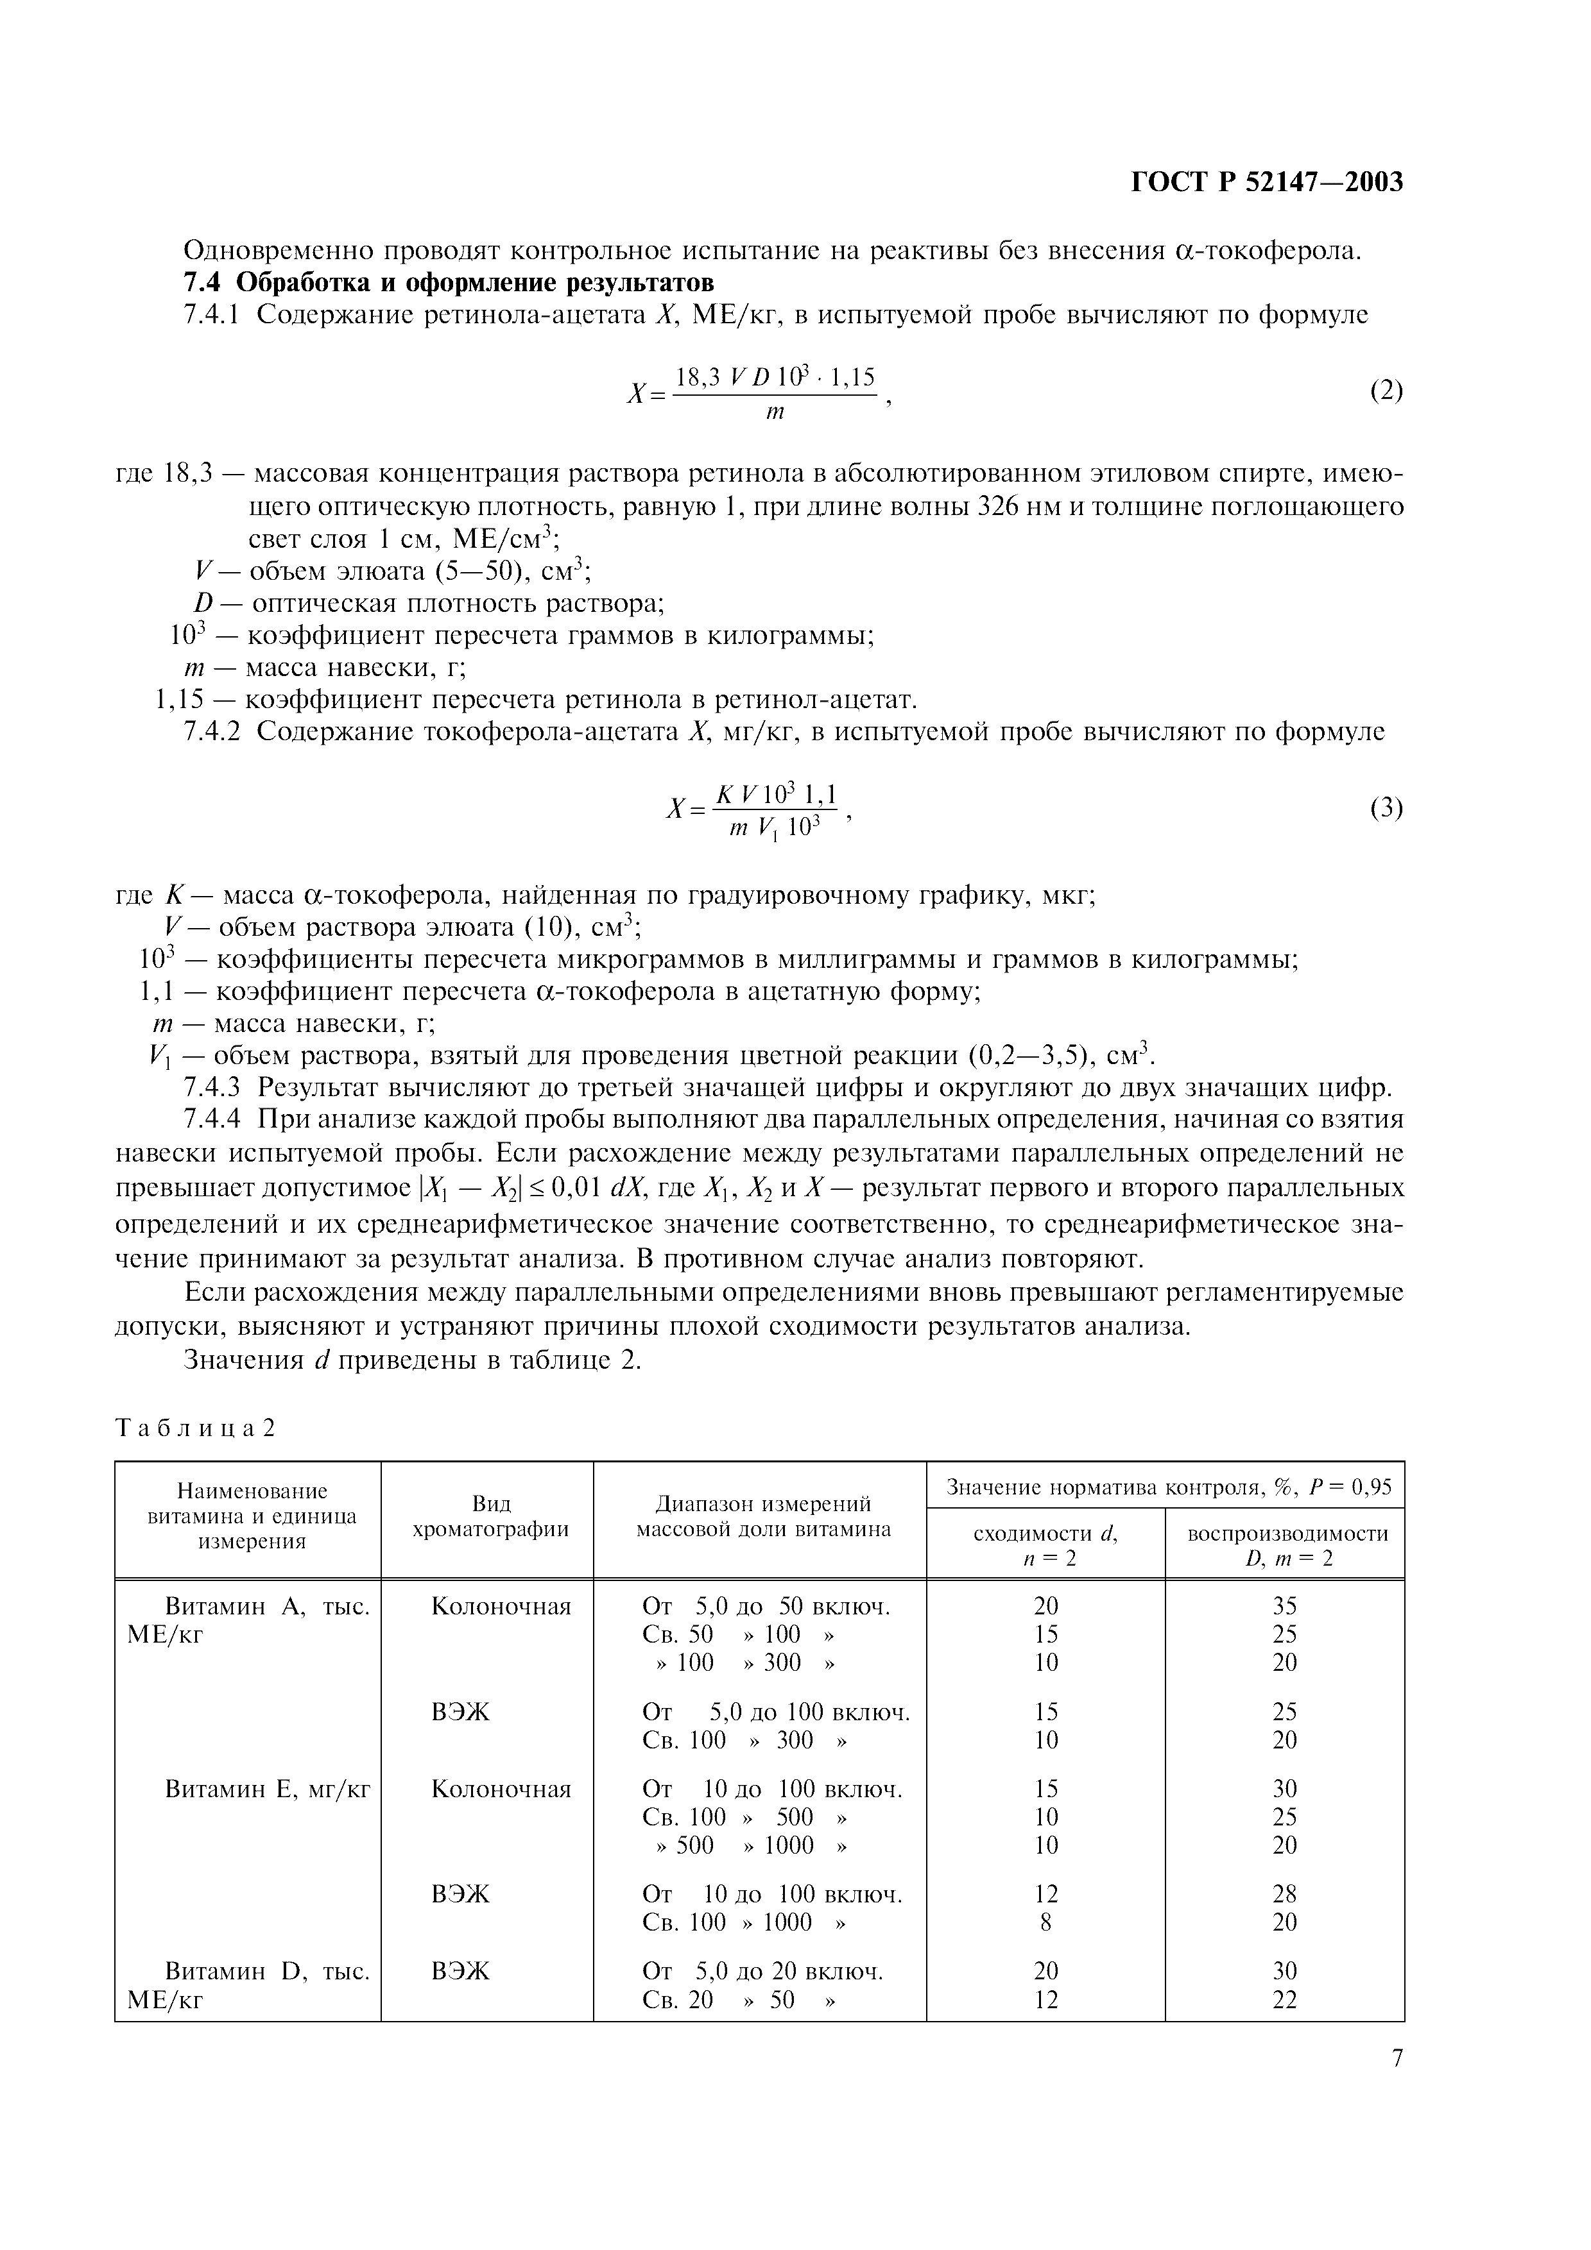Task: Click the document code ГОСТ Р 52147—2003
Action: pos(1268,182)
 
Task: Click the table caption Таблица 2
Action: pos(196,1428)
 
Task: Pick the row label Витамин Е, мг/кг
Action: pos(266,1789)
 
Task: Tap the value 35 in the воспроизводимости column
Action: pos(1284,1606)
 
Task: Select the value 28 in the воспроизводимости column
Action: pos(1284,1894)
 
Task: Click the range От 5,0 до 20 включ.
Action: pos(762,1971)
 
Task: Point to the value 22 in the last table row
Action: pos(1284,1999)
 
